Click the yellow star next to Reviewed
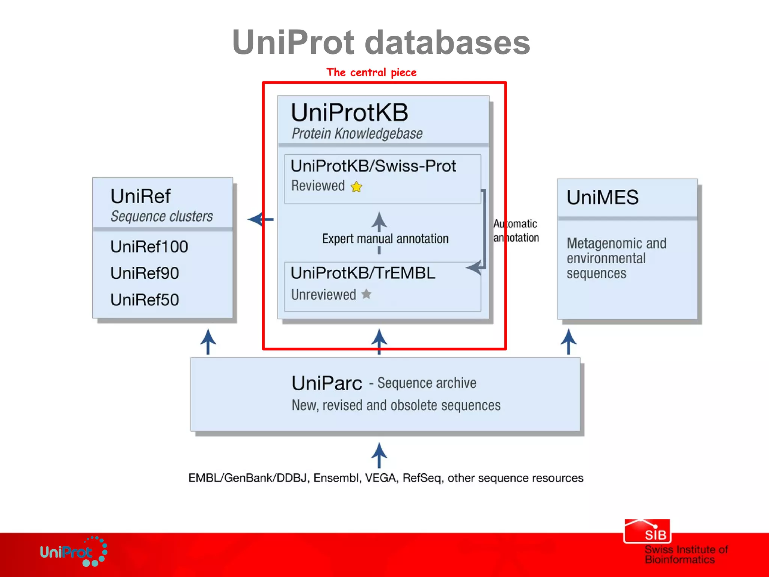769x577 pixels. (356, 187)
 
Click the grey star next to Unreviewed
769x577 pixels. (366, 294)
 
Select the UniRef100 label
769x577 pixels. (149, 247)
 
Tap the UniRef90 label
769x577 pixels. (145, 273)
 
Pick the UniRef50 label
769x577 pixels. (145, 300)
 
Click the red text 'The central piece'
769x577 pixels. (371, 72)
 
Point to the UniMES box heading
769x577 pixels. (602, 197)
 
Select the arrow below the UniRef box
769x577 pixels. (208, 341)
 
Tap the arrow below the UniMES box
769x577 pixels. (568, 341)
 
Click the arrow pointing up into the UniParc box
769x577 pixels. (379, 455)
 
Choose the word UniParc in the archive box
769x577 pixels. (327, 384)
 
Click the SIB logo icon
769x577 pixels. (647, 531)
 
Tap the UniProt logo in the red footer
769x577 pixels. (73, 552)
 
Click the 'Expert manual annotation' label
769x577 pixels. (385, 239)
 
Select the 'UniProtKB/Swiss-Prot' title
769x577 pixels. (373, 166)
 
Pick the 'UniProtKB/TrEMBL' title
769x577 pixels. (363, 273)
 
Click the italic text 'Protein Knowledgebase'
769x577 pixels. (357, 134)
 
